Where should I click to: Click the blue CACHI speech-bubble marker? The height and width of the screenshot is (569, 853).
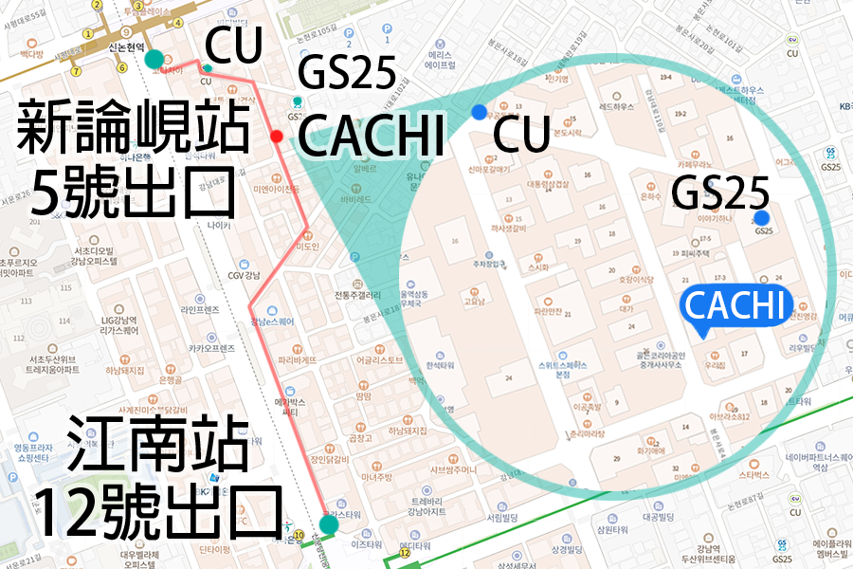735,306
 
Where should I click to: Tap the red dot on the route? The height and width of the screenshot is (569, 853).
277,137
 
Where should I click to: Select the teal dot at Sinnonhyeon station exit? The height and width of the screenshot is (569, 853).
154,60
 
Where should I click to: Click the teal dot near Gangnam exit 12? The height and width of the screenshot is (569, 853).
329,524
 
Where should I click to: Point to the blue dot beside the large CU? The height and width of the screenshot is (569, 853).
479,112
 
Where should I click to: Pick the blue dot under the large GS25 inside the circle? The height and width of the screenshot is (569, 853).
761,217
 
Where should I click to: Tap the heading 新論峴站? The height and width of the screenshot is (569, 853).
133,130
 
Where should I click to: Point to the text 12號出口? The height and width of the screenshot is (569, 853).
157,512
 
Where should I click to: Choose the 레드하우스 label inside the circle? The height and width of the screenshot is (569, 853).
617,107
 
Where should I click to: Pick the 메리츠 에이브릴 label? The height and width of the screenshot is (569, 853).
441,59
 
